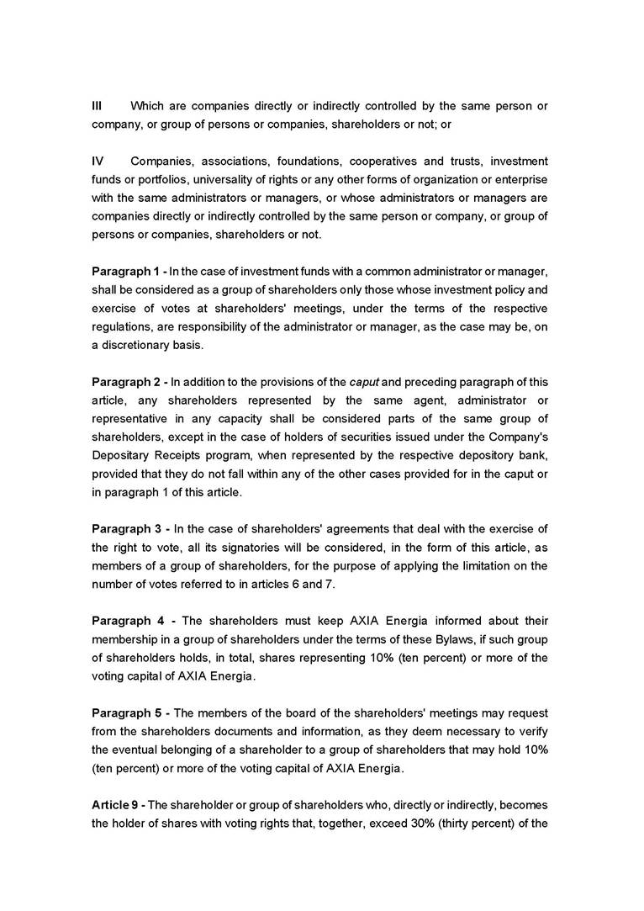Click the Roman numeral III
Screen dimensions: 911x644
click(x=97, y=106)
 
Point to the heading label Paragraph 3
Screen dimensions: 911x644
click(x=125, y=528)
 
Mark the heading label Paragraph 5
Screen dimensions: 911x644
click(x=125, y=712)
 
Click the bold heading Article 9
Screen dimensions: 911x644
click(x=114, y=805)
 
